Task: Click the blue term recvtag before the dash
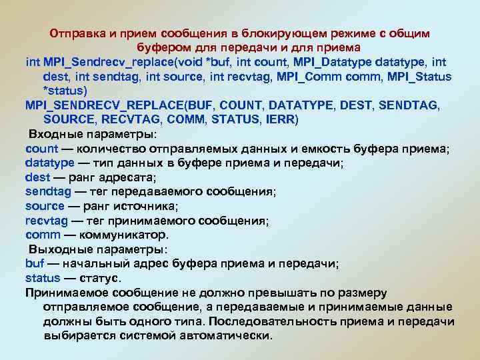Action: [45, 221]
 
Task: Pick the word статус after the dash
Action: [101, 278]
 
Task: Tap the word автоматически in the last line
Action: [225, 335]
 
